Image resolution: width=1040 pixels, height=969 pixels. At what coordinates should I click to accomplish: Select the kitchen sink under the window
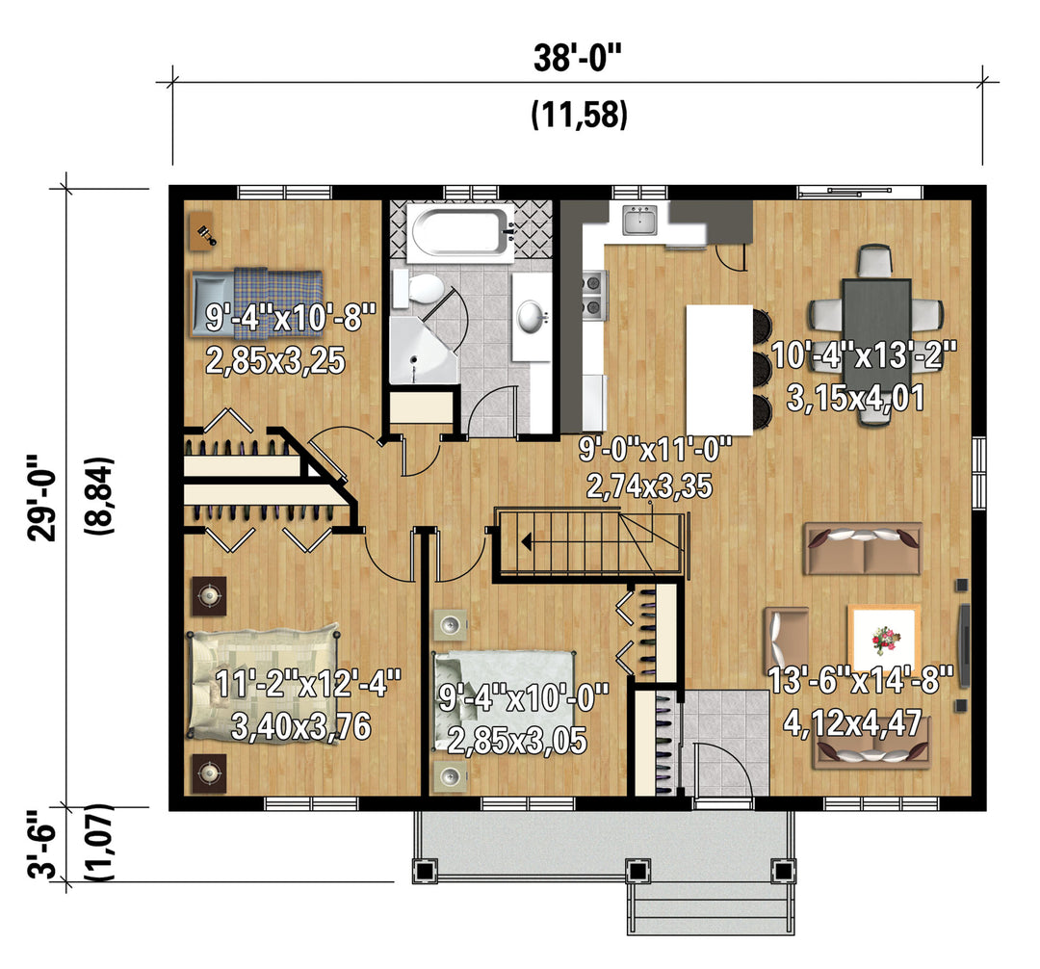(639, 220)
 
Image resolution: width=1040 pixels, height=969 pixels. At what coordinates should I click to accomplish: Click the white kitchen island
(719, 370)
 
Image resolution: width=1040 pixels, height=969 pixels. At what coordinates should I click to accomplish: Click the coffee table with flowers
(884, 639)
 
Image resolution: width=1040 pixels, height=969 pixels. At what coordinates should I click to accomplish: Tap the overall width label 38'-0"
(578, 59)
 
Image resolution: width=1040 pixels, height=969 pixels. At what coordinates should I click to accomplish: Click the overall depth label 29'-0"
(41, 498)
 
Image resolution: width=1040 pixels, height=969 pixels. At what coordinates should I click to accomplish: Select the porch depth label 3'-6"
(41, 845)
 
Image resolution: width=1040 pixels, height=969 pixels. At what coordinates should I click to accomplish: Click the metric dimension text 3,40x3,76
(300, 727)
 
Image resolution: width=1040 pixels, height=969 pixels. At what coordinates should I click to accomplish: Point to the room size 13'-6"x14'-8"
(860, 680)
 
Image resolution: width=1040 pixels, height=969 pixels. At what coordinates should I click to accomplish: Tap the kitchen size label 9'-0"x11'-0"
(656, 449)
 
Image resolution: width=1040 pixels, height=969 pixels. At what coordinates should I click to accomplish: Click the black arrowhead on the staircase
(527, 542)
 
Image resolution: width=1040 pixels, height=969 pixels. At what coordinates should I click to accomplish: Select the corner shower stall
(424, 350)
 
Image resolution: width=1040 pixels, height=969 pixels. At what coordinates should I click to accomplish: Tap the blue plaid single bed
(257, 302)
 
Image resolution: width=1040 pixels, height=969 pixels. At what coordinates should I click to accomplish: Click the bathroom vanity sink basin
(530, 316)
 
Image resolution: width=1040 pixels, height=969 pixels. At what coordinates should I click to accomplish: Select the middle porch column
(637, 870)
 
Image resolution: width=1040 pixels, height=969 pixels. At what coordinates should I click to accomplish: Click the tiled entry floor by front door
(725, 743)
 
